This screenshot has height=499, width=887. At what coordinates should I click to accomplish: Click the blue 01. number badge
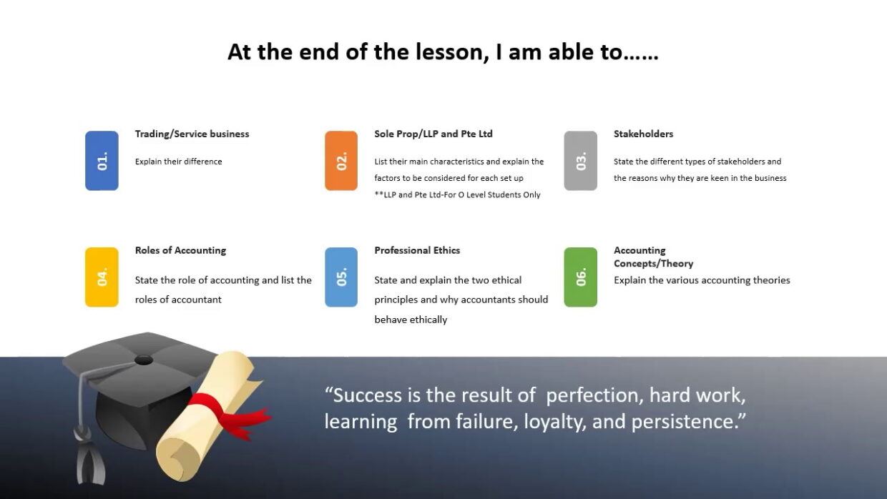[102, 161]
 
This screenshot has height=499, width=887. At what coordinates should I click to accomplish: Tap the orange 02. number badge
[341, 161]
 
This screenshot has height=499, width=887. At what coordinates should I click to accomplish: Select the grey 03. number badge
[581, 161]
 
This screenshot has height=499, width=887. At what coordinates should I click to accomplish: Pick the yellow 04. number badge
[102, 277]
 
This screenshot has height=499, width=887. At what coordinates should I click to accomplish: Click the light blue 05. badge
[341, 277]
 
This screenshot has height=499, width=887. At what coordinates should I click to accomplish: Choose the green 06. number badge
[581, 277]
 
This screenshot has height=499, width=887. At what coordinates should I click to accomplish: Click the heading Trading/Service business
[192, 134]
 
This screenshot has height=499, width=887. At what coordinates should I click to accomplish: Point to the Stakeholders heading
[644, 134]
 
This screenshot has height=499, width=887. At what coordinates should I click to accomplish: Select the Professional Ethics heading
[417, 250]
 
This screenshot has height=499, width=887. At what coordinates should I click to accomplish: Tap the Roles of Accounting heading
[180, 250]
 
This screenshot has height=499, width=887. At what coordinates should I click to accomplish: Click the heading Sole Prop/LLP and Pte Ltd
[433, 134]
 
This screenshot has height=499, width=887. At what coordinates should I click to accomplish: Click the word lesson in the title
[451, 52]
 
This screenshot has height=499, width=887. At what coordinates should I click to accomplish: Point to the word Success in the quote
[368, 395]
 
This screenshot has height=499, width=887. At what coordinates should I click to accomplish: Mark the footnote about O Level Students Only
[457, 194]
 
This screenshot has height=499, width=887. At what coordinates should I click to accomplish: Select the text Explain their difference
[179, 162]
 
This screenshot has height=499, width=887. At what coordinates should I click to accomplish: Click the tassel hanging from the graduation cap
[90, 459]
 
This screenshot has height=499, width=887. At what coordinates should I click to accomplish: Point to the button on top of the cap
[143, 360]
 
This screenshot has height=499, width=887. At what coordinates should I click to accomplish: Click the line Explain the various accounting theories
[702, 280]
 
